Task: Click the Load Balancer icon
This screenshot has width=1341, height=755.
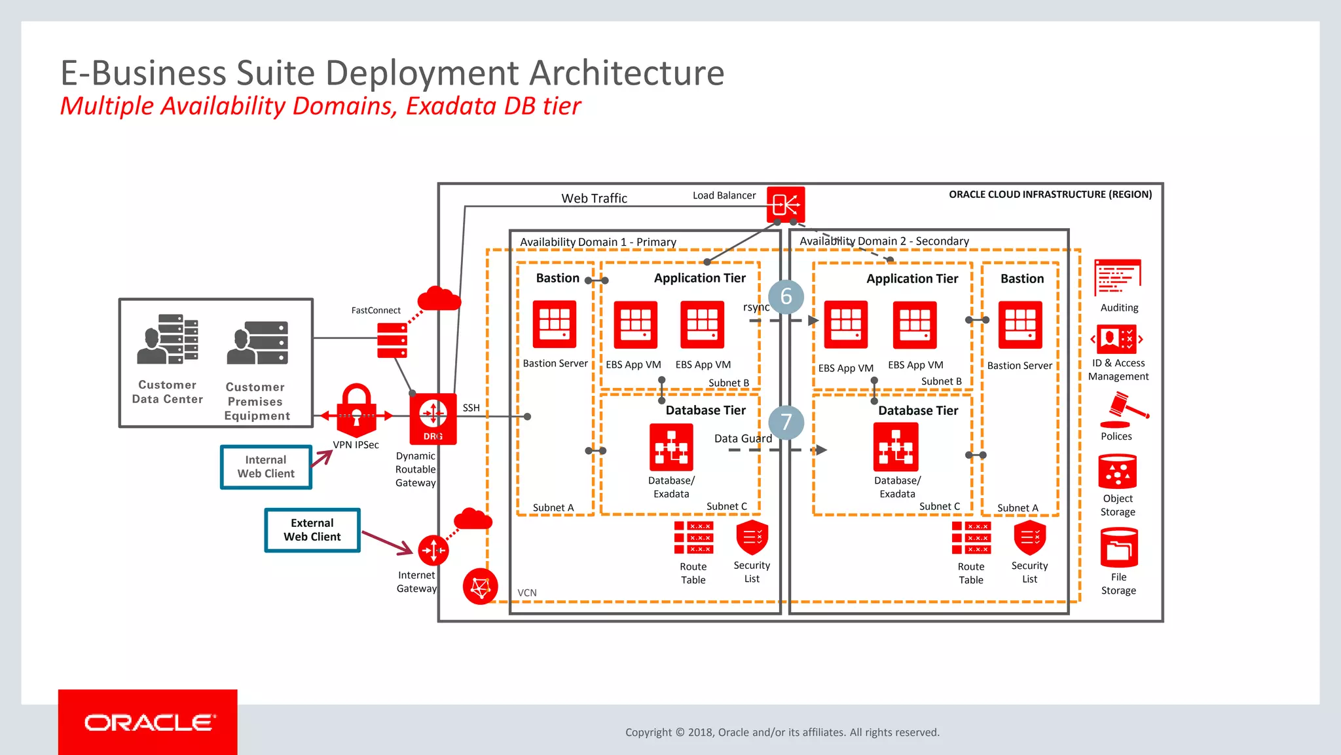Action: tap(785, 204)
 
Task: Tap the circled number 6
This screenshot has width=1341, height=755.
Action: tap(786, 296)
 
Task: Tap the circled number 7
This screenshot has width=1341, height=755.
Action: tap(786, 422)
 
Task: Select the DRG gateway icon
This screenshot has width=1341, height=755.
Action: tap(433, 418)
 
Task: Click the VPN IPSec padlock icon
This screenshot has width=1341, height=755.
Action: tap(356, 410)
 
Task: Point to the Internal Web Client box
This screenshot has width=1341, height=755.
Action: tap(266, 467)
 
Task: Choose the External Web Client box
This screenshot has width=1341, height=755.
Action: tap(312, 530)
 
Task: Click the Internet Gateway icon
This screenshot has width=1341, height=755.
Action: tap(433, 550)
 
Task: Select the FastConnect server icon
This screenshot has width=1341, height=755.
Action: tap(392, 340)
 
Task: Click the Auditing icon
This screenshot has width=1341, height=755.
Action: tap(1118, 277)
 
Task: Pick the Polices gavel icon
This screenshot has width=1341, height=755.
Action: tap(1124, 410)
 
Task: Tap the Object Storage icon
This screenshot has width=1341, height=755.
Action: tap(1118, 471)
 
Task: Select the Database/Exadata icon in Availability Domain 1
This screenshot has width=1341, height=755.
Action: tap(671, 447)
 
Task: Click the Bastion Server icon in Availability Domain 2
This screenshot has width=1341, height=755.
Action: tap(1020, 324)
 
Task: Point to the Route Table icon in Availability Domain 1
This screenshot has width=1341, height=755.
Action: tap(693, 537)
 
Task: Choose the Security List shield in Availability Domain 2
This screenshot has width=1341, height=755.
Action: tap(1029, 537)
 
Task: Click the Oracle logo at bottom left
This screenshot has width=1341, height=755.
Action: tap(148, 722)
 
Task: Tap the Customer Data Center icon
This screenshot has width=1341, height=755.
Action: tap(168, 339)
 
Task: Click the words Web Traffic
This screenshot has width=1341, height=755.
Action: tap(594, 198)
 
